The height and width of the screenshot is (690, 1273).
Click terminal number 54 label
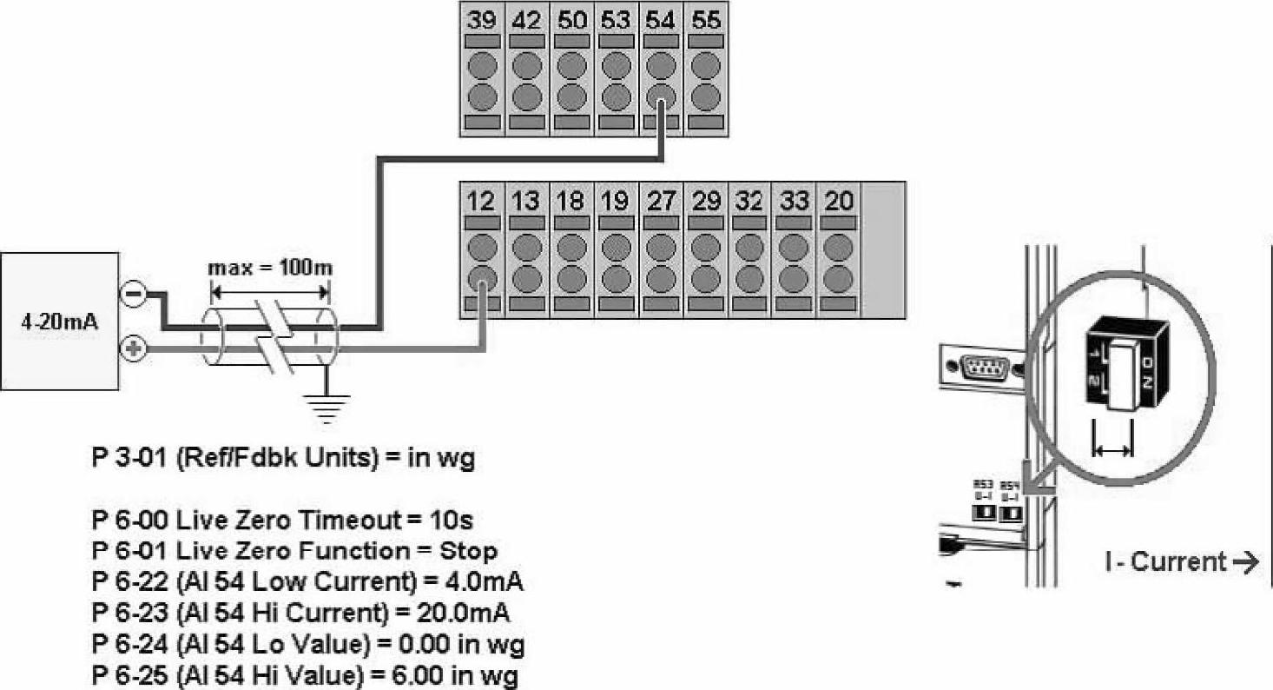[x=660, y=19]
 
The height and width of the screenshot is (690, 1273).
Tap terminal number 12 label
[x=481, y=201]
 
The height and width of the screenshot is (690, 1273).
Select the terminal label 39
[x=481, y=19]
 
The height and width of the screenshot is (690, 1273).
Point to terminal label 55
[x=705, y=19]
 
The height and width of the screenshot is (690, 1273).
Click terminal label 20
[x=838, y=201]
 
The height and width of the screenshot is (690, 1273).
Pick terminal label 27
[x=660, y=201]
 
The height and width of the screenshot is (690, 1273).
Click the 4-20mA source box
[x=59, y=322]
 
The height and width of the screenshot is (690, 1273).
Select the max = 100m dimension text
[x=269, y=267]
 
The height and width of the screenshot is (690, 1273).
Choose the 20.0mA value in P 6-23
[x=456, y=614]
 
